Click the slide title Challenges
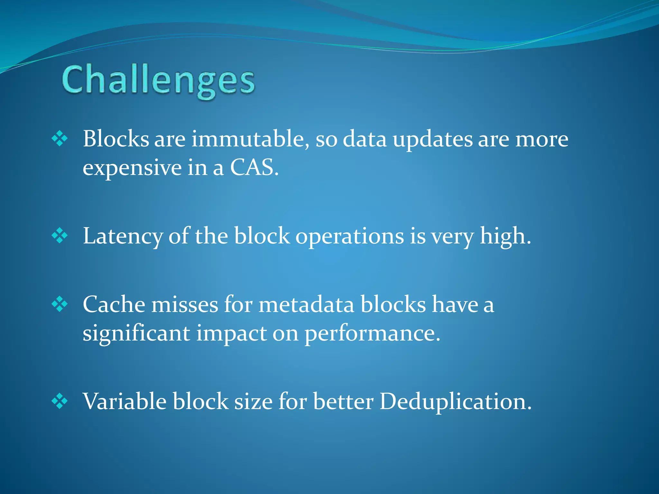(x=158, y=80)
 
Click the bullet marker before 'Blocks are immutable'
(x=60, y=139)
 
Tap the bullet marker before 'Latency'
(x=60, y=236)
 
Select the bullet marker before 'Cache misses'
(x=60, y=305)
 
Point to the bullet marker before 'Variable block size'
(x=60, y=401)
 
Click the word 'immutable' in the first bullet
(x=248, y=139)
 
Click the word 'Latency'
(x=123, y=236)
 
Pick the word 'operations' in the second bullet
(x=349, y=236)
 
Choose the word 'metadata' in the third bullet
(x=306, y=305)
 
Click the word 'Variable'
(x=125, y=401)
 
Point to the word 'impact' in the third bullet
(x=232, y=334)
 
